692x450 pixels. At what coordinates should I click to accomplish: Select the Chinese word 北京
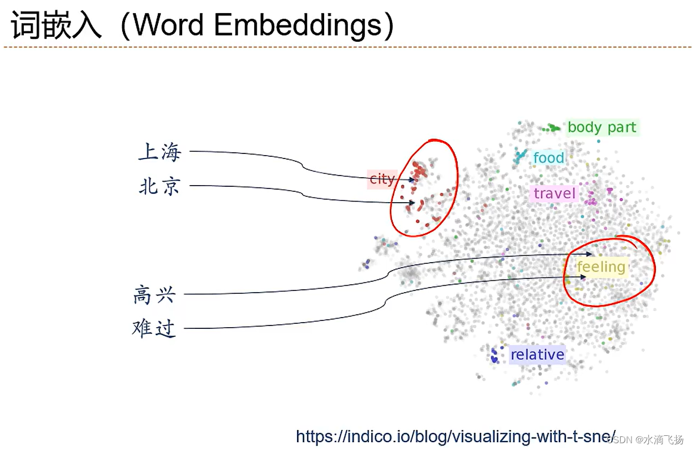159,186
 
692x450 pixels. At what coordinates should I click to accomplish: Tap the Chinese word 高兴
154,294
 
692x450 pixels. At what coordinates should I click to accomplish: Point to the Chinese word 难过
154,328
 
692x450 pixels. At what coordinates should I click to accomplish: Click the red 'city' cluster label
381,179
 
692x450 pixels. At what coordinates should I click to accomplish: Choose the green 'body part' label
601,127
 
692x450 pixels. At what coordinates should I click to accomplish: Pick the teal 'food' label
548,158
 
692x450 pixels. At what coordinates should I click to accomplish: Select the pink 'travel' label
554,194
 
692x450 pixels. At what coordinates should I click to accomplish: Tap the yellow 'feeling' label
601,267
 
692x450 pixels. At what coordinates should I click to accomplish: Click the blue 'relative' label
537,355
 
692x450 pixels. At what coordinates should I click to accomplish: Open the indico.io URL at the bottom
455,436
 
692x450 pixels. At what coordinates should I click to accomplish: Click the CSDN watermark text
645,440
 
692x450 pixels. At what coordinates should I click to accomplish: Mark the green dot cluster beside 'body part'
551,128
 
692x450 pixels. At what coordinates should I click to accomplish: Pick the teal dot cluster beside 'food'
519,157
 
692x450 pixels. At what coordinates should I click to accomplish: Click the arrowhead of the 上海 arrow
414,180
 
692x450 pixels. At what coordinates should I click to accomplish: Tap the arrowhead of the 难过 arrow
584,277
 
